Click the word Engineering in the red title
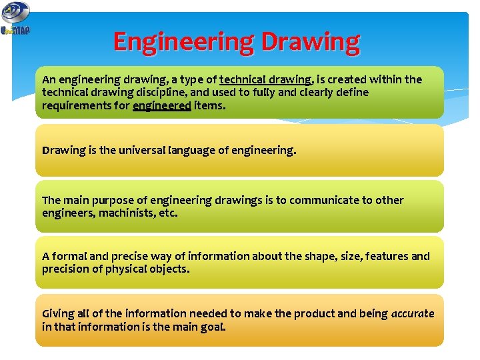(x=184, y=42)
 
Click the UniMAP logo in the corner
(x=15, y=19)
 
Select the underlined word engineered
(x=162, y=105)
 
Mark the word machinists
(x=125, y=213)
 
